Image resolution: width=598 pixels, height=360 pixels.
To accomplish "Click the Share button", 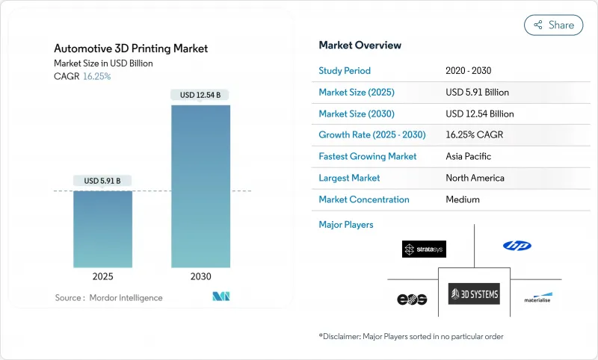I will pos(553,25).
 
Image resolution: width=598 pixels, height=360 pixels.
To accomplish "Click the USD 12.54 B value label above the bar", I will pos(200,95).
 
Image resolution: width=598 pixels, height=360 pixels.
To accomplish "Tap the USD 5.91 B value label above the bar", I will pos(103,181).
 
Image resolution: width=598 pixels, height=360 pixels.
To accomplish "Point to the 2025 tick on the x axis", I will pos(103,276).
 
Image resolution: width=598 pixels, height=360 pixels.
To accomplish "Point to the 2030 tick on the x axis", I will pos(200,276).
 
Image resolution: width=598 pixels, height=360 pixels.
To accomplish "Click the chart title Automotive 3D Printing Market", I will pos(131,49).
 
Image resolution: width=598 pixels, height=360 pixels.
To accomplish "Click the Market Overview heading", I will pos(360,46).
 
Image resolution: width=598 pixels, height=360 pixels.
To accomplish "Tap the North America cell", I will pos(474,178).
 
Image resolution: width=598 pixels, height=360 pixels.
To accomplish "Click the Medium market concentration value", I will pos(462,199).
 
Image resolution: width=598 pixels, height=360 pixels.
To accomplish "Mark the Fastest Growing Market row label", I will pos(368,157).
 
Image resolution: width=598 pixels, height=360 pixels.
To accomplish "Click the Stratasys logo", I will pos(424,249).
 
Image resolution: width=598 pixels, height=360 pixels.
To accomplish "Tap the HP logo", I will pos(517,246).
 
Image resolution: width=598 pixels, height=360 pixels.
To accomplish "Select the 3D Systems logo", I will pos(474,294).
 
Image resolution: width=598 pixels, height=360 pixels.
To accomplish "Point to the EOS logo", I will pos(411,299).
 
